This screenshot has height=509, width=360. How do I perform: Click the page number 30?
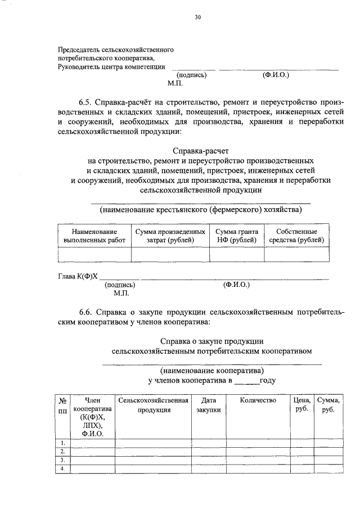(x=197, y=17)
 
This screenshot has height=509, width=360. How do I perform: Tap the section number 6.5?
(x=85, y=103)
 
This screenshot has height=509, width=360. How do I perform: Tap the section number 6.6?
(x=85, y=312)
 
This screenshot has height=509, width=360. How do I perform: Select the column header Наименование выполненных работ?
(x=94, y=236)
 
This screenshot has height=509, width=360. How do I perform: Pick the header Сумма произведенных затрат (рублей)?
(x=169, y=236)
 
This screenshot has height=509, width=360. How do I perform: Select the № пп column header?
(x=63, y=405)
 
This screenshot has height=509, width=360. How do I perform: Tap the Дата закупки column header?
(x=209, y=405)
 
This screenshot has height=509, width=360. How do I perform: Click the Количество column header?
(x=258, y=400)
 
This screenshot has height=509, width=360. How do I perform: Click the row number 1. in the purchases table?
(x=63, y=443)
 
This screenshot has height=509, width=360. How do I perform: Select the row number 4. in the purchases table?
(x=63, y=469)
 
